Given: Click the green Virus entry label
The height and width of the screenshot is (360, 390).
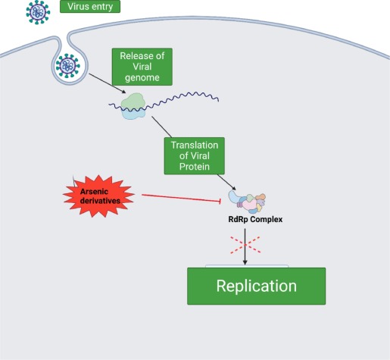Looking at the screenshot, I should [89, 8].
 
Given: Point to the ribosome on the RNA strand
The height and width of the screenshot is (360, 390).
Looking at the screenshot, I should [133, 107].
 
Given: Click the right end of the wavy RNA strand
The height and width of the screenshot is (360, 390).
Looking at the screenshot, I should [220, 98].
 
